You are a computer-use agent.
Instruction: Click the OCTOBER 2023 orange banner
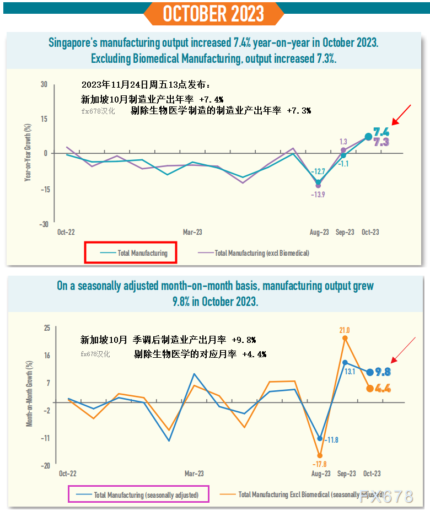214,13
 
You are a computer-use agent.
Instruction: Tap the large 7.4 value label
381,132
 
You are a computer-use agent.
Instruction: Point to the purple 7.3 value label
381,142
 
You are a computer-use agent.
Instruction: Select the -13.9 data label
318,195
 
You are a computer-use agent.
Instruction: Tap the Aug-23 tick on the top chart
319,233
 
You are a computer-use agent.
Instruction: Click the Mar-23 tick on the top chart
192,233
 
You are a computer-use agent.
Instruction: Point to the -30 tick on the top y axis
44,224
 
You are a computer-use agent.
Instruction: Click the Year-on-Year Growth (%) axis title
28,153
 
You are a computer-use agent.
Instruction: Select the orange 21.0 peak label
344,330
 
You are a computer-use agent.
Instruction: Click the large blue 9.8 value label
383,372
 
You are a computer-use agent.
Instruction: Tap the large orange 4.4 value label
383,388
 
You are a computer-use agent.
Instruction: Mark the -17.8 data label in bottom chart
319,464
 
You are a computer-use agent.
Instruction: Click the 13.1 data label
350,372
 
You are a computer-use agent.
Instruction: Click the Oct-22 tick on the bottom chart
67,474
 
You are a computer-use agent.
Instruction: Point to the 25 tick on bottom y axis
47,328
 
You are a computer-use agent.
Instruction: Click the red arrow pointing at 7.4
401,114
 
